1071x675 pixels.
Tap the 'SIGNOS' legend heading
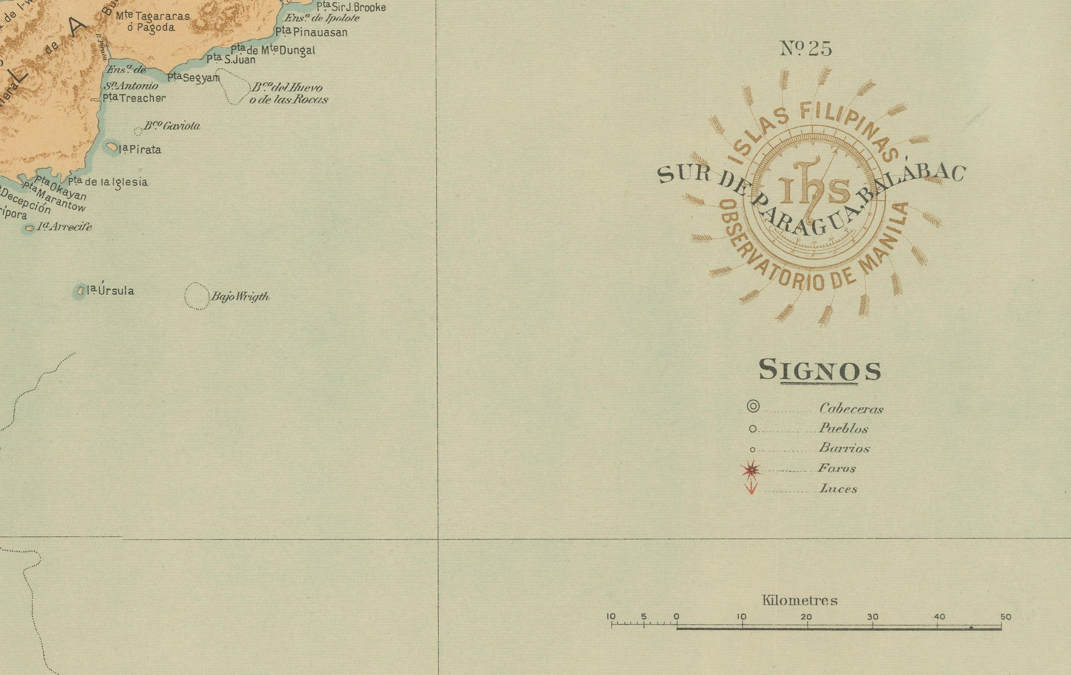click(819, 371)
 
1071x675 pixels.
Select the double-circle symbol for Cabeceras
click(753, 406)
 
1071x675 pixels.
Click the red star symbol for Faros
click(751, 469)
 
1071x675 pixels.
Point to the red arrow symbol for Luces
click(751, 488)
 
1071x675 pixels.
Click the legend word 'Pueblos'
click(843, 429)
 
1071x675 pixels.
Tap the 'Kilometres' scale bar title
click(800, 601)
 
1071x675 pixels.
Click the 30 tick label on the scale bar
click(873, 617)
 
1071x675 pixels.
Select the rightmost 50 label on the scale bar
click(1006, 617)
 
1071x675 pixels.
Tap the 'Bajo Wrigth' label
click(240, 296)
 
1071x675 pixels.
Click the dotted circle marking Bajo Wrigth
click(197, 296)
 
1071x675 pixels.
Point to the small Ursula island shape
click(81, 291)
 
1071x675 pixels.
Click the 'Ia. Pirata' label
click(140, 149)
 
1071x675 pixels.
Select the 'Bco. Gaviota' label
click(172, 126)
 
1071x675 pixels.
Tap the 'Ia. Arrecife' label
click(65, 227)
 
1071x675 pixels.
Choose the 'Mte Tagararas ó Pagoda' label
click(153, 21)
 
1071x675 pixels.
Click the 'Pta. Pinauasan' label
click(311, 32)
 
